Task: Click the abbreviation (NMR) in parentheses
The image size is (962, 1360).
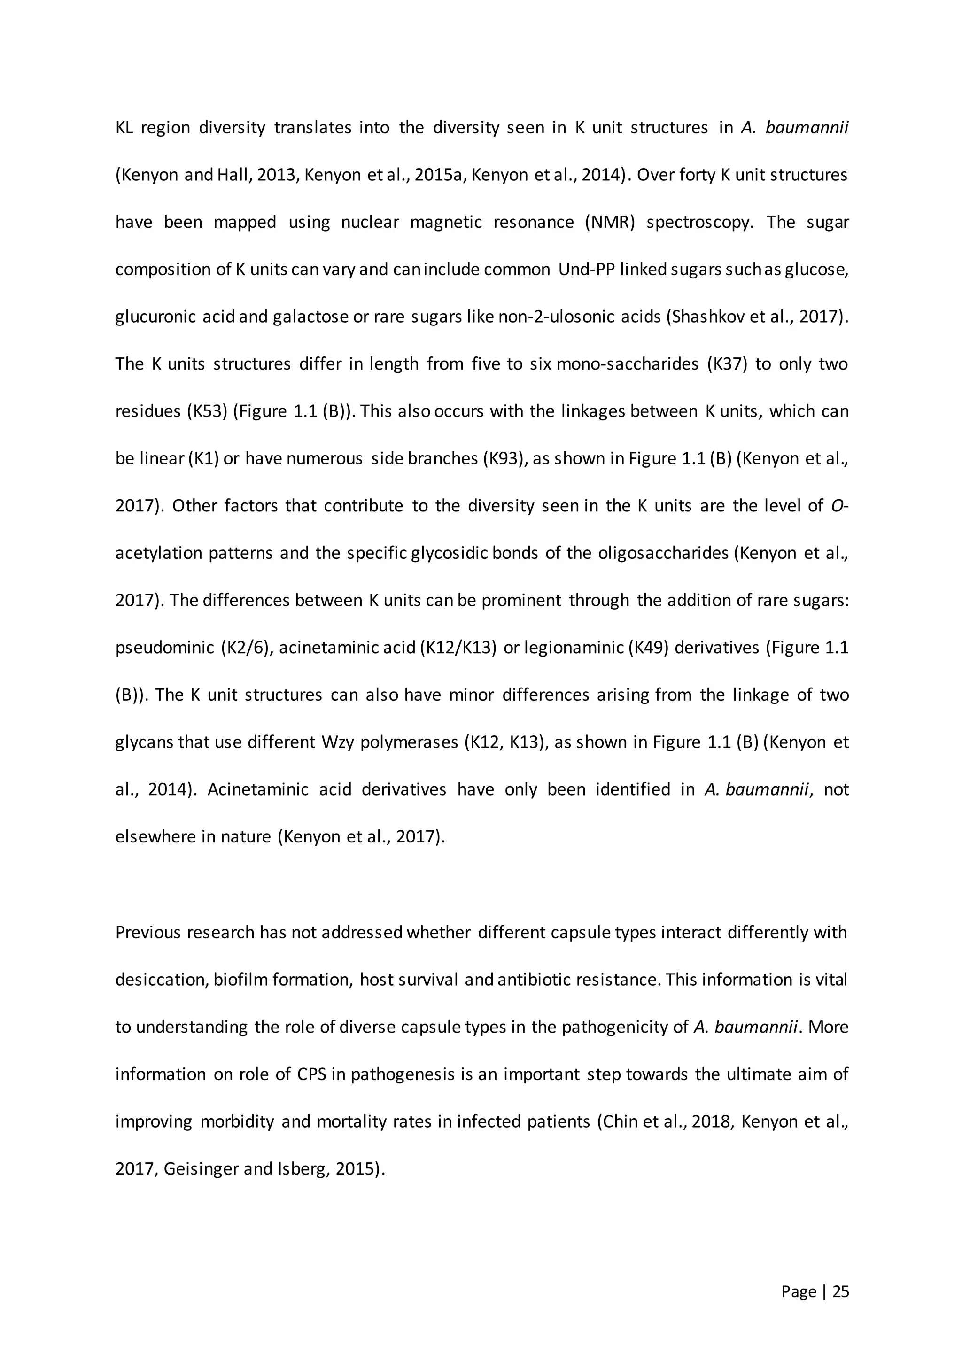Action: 610,223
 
